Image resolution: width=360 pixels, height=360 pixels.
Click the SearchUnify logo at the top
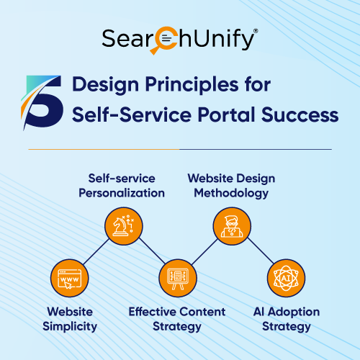[179, 40]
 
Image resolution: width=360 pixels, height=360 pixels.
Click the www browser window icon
[68, 277]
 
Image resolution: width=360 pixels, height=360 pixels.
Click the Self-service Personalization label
[126, 186]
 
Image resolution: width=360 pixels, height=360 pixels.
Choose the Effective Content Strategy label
[177, 319]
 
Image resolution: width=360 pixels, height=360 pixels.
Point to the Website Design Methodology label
[231, 186]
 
